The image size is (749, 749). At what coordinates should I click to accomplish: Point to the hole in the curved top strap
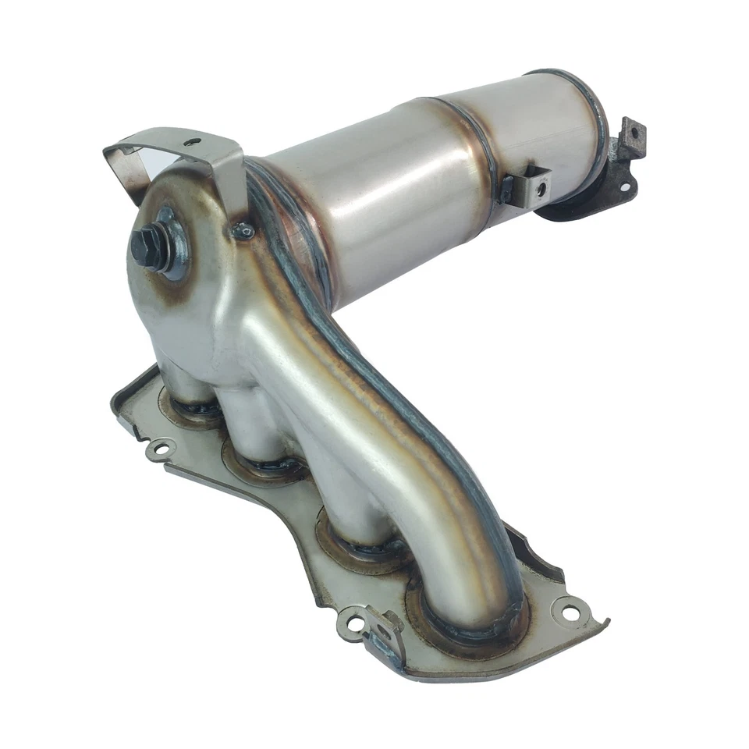coord(194,142)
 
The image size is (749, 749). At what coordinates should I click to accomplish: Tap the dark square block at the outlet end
coord(630,134)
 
